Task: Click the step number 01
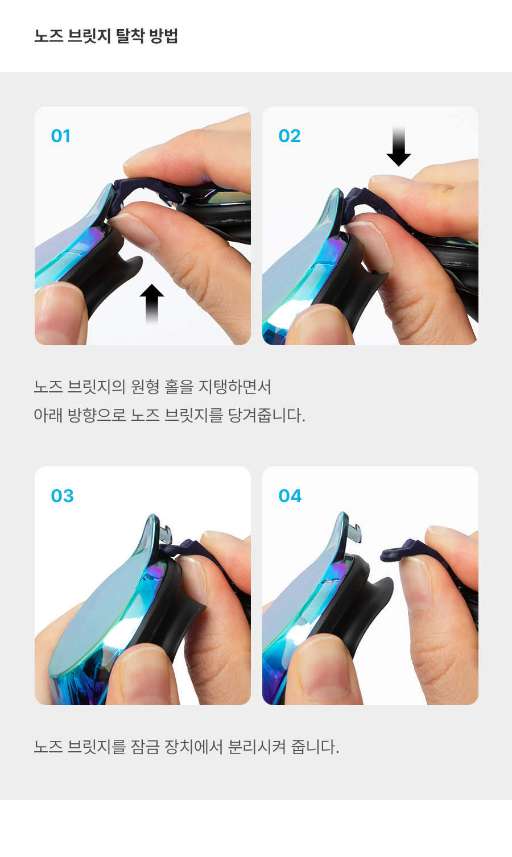[x=60, y=136]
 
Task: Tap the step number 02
[x=290, y=136]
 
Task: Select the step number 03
[x=62, y=496]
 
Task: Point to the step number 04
[x=290, y=496]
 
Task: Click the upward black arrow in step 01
[x=152, y=304]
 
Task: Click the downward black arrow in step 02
[x=398, y=146]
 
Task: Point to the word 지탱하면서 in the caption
[x=234, y=387]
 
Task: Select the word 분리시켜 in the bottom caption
[x=257, y=747]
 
